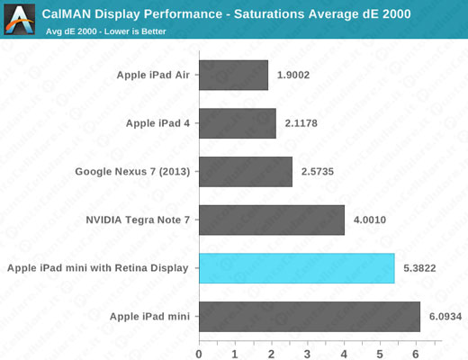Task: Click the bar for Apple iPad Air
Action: [x=233, y=76]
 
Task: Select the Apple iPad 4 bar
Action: [x=237, y=123]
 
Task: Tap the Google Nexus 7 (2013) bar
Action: [x=245, y=172]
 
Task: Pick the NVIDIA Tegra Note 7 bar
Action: [x=271, y=220]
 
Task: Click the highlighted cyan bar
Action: [x=296, y=268]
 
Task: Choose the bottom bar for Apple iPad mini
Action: [x=309, y=316]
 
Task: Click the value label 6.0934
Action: [x=444, y=316]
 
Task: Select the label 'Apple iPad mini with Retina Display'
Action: [x=97, y=268]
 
